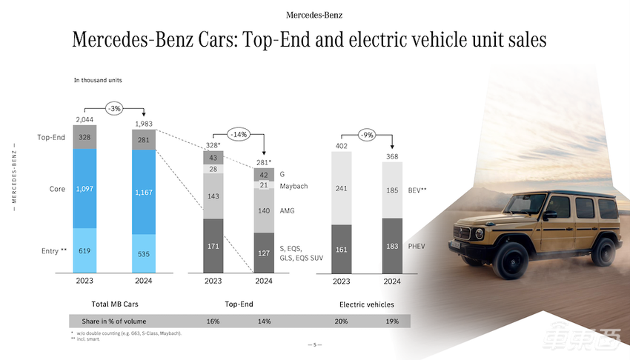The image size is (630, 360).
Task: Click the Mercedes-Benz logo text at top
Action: (314, 14)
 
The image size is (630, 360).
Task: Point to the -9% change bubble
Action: (367, 135)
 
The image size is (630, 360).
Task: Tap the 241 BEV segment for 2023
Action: (342, 188)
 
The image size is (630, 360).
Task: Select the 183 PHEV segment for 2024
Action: (393, 245)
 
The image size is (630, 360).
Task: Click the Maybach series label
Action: (294, 186)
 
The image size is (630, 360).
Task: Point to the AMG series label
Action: (288, 211)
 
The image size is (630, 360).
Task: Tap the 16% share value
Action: (213, 321)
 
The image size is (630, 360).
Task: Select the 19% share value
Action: (392, 321)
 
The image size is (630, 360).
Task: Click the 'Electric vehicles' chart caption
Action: (366, 304)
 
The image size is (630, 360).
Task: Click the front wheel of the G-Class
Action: (514, 262)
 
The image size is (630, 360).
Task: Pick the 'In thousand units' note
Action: (98, 79)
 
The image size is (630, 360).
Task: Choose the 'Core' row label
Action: (57, 190)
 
